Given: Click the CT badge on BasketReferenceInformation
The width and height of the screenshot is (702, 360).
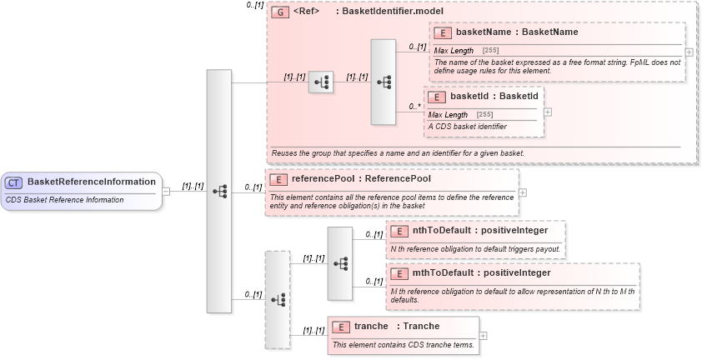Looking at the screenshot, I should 14,182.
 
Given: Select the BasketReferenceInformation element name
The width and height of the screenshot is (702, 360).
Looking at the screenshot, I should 91,182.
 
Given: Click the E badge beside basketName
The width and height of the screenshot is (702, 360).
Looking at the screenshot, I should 443,32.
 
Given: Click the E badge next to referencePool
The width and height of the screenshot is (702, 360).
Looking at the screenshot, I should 278,178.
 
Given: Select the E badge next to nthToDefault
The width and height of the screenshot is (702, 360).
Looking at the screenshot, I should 399,231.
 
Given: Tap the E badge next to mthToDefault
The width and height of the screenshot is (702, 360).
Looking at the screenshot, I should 399,273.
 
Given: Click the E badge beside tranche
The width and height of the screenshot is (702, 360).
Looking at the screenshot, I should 341,327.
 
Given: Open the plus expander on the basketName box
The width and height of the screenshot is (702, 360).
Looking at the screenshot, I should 689,52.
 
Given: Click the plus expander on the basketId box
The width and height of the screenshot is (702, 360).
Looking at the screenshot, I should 547,112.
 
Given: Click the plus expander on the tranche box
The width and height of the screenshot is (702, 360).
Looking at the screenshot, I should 483,335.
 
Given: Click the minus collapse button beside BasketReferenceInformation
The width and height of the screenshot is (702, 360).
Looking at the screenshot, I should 166,191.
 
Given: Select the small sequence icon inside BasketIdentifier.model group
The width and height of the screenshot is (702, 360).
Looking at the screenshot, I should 320,82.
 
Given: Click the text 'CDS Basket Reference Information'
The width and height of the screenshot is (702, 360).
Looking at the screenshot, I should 64,200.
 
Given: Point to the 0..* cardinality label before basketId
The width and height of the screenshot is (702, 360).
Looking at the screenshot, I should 415,106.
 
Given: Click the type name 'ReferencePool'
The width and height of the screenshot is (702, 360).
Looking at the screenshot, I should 398,178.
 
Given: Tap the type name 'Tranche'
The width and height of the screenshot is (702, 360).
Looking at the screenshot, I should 421,326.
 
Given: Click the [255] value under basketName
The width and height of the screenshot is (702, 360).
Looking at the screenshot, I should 491,51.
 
